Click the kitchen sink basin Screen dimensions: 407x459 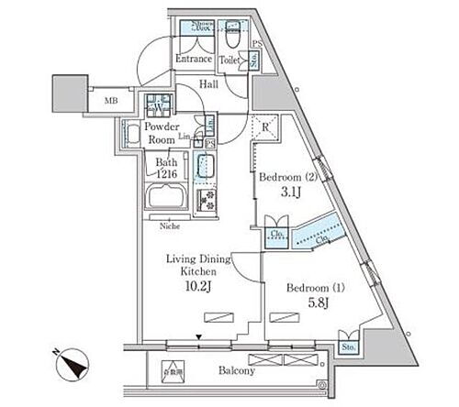coord(206,169)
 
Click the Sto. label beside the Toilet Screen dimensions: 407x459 coord(254,61)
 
